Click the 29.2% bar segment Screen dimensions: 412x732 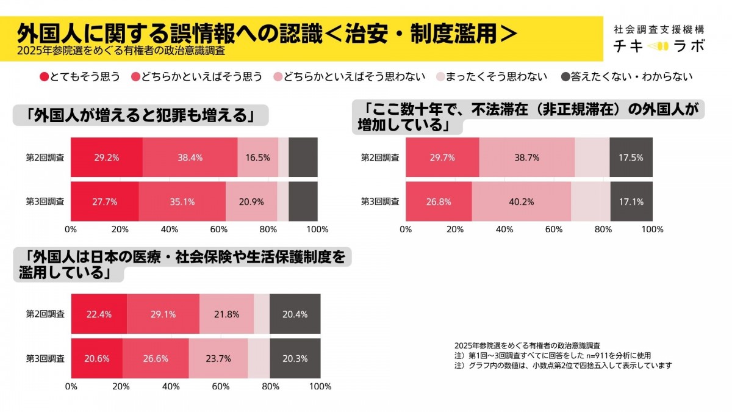(107, 157)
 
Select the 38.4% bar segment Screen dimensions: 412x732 (190, 157)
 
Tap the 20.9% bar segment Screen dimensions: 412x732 (251, 201)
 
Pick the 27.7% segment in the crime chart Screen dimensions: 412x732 (105, 201)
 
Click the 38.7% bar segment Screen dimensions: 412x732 (526, 157)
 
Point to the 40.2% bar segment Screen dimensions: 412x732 (522, 201)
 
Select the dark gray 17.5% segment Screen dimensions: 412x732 (631, 157)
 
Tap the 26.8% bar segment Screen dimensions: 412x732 (439, 201)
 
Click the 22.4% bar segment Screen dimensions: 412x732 (99, 314)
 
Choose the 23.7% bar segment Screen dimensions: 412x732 (218, 358)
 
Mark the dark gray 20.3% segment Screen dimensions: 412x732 (295, 358)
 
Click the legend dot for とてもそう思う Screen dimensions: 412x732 (44, 77)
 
